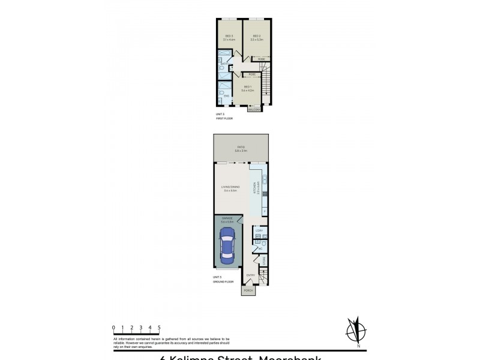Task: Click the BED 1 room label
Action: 248,88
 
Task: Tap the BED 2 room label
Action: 256,37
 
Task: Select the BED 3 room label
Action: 229,37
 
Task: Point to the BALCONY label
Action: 254,109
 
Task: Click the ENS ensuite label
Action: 226,96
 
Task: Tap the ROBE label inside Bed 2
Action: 260,59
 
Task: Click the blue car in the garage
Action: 227,245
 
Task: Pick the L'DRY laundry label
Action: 259,230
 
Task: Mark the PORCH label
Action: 248,291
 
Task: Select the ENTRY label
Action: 251,275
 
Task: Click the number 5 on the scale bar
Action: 159,327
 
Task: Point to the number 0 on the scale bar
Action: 113,327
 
